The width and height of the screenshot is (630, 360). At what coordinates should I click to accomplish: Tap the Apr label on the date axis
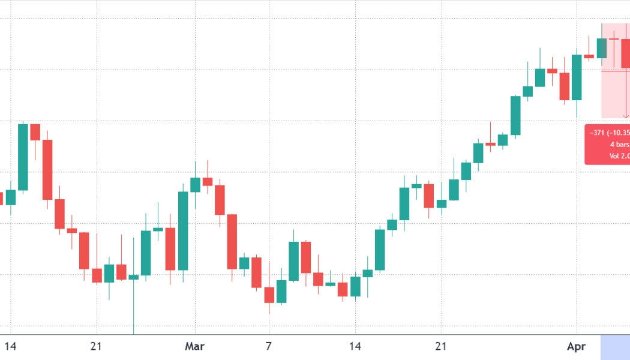click(x=576, y=347)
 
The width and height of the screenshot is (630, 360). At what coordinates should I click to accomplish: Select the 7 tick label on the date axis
click(x=269, y=347)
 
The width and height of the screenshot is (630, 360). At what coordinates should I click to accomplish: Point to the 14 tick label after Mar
click(x=355, y=347)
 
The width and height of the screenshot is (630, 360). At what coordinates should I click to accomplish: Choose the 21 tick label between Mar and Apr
click(x=441, y=347)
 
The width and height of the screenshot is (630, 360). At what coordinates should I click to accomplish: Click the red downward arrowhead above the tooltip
click(x=626, y=115)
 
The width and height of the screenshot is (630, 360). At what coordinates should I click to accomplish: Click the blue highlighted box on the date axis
click(x=615, y=347)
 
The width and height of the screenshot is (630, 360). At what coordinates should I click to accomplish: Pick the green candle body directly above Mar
click(x=195, y=185)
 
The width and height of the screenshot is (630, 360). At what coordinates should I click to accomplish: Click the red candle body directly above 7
click(x=269, y=295)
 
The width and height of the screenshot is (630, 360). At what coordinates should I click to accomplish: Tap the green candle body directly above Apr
click(x=577, y=77)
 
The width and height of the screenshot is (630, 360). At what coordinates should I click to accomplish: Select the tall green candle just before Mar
click(x=183, y=231)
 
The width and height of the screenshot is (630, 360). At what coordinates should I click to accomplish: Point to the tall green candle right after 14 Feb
click(x=23, y=157)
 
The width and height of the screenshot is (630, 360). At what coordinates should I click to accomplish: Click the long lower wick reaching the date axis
click(x=133, y=306)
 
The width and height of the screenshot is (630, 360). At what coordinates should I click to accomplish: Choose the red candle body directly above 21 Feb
click(x=97, y=275)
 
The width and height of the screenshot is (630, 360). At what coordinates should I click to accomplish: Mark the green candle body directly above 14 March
click(x=355, y=286)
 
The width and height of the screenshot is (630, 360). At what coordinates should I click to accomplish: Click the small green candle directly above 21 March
click(x=442, y=204)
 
